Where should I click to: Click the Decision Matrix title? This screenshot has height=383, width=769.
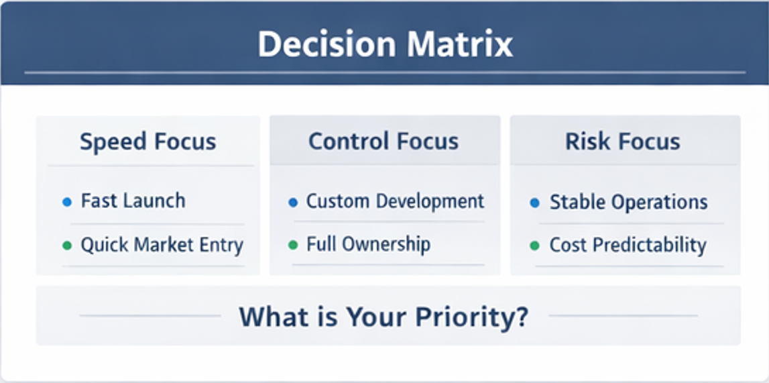(x=385, y=45)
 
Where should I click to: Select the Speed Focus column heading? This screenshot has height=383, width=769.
(x=147, y=142)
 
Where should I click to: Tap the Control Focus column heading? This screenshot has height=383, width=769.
(x=383, y=142)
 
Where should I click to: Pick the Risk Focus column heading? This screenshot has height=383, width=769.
(x=622, y=142)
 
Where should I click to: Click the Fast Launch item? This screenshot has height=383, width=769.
(x=133, y=201)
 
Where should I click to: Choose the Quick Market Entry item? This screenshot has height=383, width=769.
(x=162, y=245)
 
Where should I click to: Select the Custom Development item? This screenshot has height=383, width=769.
(x=395, y=201)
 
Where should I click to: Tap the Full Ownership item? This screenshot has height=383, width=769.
(x=368, y=244)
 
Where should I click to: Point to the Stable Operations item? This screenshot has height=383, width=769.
(x=628, y=201)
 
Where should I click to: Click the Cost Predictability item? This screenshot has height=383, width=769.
(x=628, y=245)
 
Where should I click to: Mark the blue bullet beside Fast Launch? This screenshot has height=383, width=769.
(x=67, y=201)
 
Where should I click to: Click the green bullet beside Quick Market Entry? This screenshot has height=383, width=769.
(x=67, y=245)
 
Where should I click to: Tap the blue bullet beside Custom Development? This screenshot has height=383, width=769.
(x=293, y=202)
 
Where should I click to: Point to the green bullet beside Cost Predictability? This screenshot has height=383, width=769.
(x=534, y=245)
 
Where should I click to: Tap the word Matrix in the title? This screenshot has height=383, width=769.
(x=459, y=45)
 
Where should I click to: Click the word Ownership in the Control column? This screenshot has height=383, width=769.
(x=388, y=245)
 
